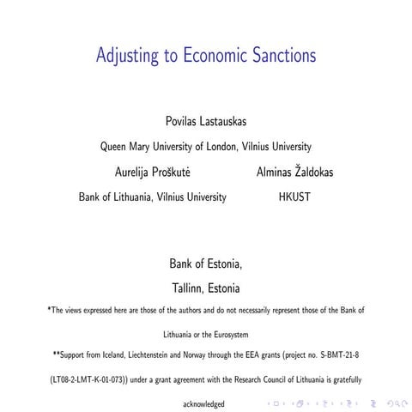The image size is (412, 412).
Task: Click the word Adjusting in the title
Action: coord(131,57)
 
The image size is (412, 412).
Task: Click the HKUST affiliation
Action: coord(296,197)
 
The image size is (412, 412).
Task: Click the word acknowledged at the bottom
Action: coord(205,403)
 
